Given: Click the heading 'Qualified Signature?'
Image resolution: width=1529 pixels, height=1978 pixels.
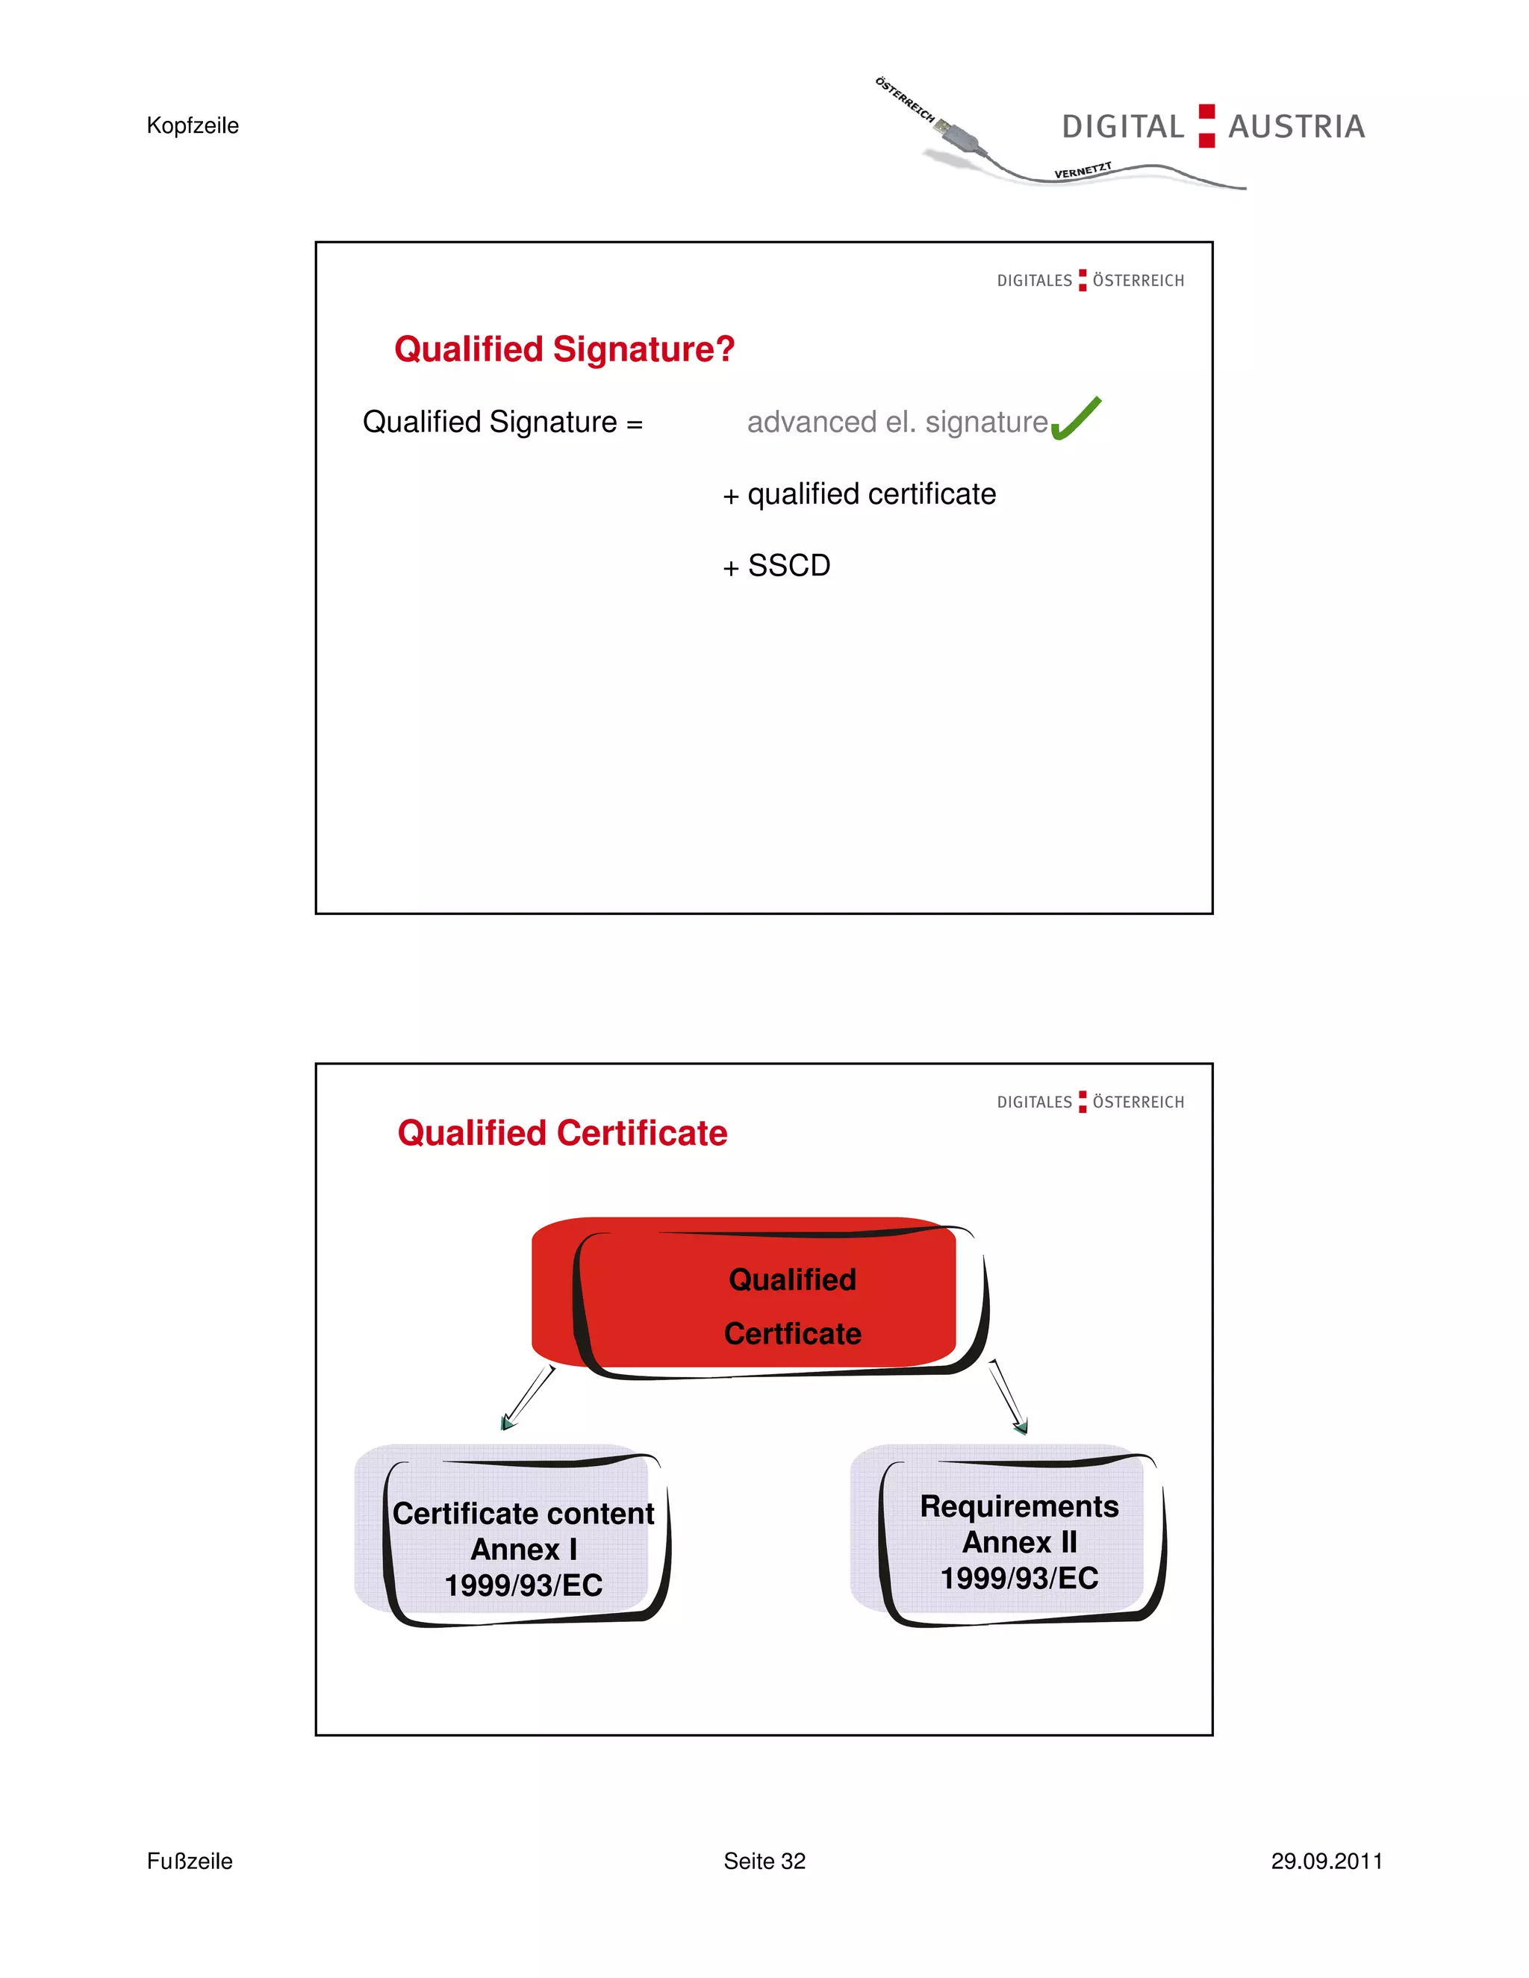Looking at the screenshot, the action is click(564, 349).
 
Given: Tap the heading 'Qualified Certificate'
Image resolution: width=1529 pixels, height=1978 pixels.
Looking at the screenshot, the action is click(562, 1133).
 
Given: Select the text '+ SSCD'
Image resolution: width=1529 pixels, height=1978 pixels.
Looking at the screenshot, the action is click(777, 566).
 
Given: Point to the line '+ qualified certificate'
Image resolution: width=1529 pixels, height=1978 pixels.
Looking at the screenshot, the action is click(859, 494).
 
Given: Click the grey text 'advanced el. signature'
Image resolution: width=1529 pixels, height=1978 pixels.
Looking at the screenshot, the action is click(897, 422).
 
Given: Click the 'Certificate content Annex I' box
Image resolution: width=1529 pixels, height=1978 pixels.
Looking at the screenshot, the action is click(523, 1549).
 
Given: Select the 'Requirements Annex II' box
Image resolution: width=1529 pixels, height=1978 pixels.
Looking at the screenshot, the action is click(1019, 1541).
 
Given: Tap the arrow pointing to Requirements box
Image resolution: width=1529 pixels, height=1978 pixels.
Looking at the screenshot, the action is click(1008, 1397).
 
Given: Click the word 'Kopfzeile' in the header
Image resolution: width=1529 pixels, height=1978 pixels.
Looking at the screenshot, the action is click(193, 126).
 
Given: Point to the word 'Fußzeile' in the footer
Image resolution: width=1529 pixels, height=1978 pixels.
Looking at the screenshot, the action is click(190, 1861).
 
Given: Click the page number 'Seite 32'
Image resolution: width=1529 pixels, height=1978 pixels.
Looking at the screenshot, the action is click(764, 1861).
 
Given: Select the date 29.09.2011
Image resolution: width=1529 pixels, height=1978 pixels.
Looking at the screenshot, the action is click(1326, 1861).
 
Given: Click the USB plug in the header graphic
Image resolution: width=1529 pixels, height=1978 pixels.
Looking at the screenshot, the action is click(956, 134).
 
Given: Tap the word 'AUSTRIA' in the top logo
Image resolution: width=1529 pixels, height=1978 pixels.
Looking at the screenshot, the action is click(1296, 127).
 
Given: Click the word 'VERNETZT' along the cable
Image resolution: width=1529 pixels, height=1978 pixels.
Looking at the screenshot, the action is click(1083, 170).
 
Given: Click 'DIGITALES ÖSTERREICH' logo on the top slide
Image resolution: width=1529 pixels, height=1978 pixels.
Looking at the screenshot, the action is click(1091, 281).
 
